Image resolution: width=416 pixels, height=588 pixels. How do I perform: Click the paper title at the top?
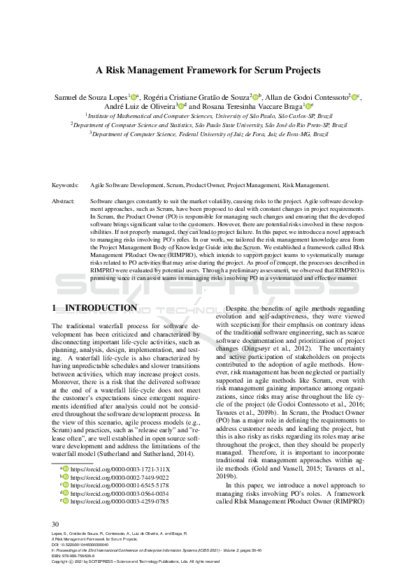pyautogui.click(x=208, y=70)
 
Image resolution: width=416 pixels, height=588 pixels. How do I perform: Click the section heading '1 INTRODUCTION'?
pyautogui.click(x=95, y=308)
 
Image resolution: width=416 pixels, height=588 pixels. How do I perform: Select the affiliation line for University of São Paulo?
pyautogui.click(x=208, y=115)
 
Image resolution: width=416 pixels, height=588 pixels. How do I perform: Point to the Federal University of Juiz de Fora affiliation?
pyautogui.click(x=208, y=133)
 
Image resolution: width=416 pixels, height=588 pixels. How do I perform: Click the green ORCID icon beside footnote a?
pyautogui.click(x=66, y=450)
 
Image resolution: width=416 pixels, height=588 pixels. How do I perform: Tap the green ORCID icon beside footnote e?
pyautogui.click(x=66, y=481)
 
